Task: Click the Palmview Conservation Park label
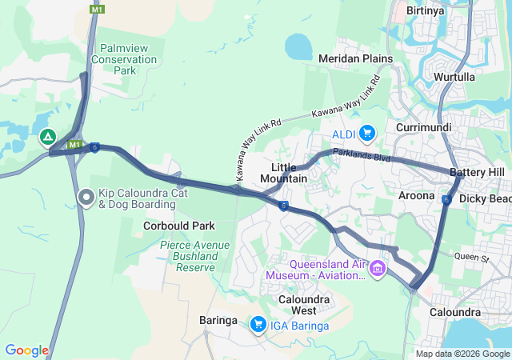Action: [124, 59]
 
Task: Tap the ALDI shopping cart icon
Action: [367, 132]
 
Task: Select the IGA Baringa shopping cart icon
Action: [258, 323]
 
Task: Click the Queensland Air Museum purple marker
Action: [378, 266]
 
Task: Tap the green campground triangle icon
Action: [48, 137]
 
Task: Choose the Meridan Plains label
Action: [355, 58]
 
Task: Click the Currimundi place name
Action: [423, 127]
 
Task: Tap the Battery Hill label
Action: [477, 172]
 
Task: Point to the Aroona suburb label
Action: [416, 195]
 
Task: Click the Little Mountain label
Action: [283, 172]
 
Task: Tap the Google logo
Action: [26, 350]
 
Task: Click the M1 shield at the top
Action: [97, 9]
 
